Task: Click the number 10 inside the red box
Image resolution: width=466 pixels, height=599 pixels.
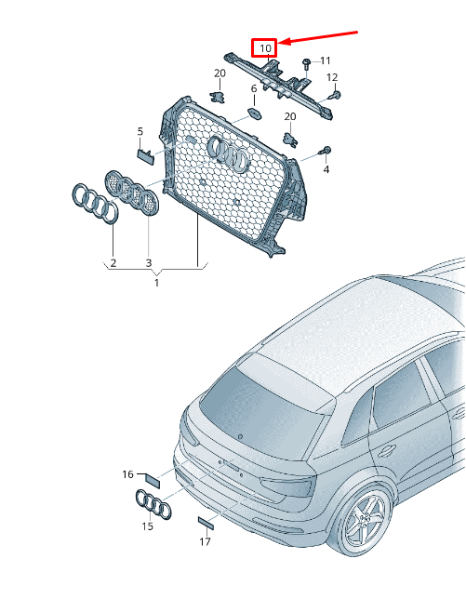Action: (265, 48)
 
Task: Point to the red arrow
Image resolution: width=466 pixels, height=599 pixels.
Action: (318, 37)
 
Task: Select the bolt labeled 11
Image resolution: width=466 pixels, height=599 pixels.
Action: (306, 63)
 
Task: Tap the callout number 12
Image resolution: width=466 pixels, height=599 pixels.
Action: (332, 77)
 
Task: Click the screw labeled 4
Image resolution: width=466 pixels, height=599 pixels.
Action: (326, 151)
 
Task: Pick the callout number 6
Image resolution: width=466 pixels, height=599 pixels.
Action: (254, 88)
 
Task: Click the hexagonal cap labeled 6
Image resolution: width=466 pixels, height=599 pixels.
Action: (254, 113)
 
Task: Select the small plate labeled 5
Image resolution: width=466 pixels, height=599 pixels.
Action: (145, 156)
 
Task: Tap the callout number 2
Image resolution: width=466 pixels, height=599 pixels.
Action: (113, 263)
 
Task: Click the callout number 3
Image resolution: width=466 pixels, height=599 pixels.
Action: (149, 263)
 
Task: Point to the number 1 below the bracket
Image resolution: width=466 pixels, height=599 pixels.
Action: (156, 283)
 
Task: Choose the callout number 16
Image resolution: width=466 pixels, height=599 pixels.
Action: (127, 474)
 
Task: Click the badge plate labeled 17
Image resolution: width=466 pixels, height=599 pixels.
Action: (206, 523)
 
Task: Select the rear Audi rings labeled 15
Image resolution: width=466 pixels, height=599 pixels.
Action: (153, 504)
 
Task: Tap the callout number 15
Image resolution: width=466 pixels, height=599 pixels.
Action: (147, 526)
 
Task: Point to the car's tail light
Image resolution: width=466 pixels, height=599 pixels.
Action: (287, 486)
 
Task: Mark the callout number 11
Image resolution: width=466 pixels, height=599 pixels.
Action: (325, 60)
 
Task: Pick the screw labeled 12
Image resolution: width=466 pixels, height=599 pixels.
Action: (335, 96)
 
